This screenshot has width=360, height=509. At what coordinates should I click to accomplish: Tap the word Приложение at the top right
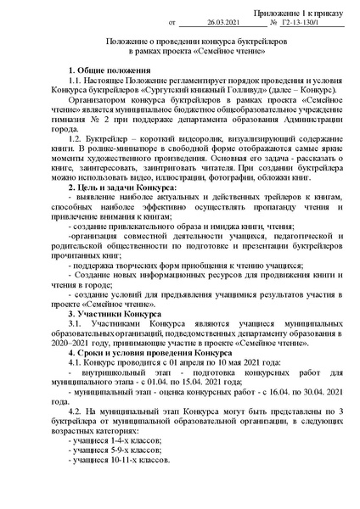[273, 13]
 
